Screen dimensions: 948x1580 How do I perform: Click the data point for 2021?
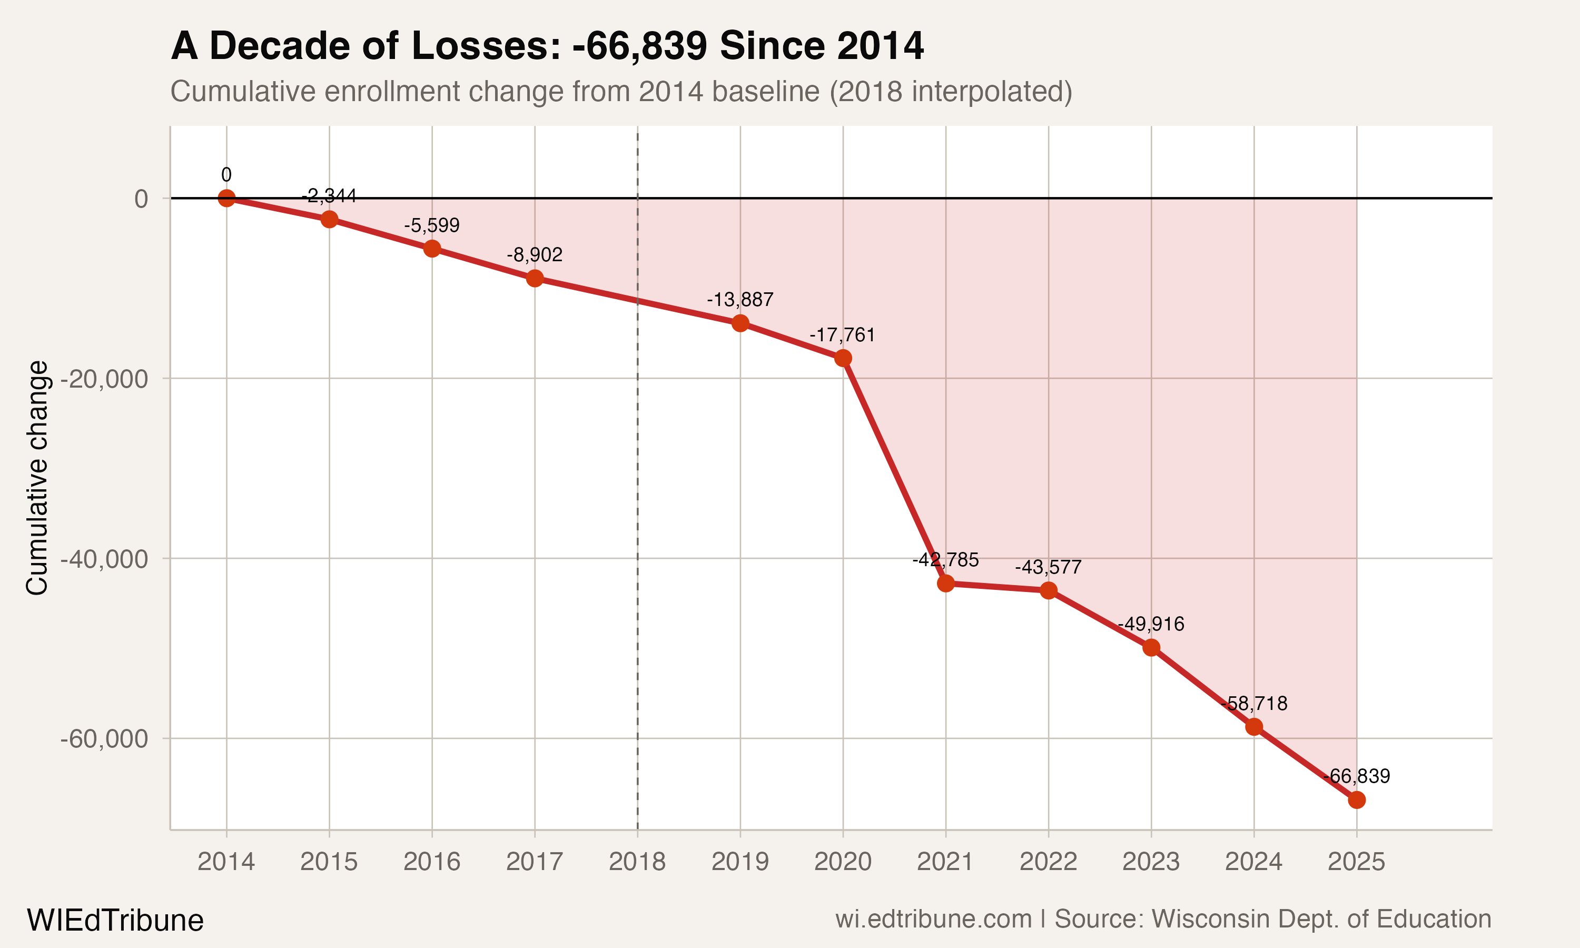click(x=946, y=583)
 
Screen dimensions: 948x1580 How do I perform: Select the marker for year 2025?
click(x=1357, y=800)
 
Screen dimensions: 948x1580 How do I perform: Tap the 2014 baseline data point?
click(x=226, y=198)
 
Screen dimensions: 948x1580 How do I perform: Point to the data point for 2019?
click(x=740, y=323)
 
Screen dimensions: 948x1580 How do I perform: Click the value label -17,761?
click(x=842, y=335)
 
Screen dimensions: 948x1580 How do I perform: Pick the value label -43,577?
click(x=1048, y=567)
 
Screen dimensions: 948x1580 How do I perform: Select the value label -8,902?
click(x=535, y=255)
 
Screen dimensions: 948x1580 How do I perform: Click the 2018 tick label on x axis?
click(x=637, y=862)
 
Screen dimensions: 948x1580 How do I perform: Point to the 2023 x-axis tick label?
click(x=1151, y=862)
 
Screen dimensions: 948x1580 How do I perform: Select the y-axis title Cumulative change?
click(x=37, y=478)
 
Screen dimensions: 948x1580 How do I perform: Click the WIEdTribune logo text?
click(x=115, y=921)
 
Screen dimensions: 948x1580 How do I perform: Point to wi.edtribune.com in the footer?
click(x=933, y=919)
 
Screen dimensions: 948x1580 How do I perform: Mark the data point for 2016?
click(x=432, y=249)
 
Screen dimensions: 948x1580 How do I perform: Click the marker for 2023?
click(x=1151, y=648)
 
